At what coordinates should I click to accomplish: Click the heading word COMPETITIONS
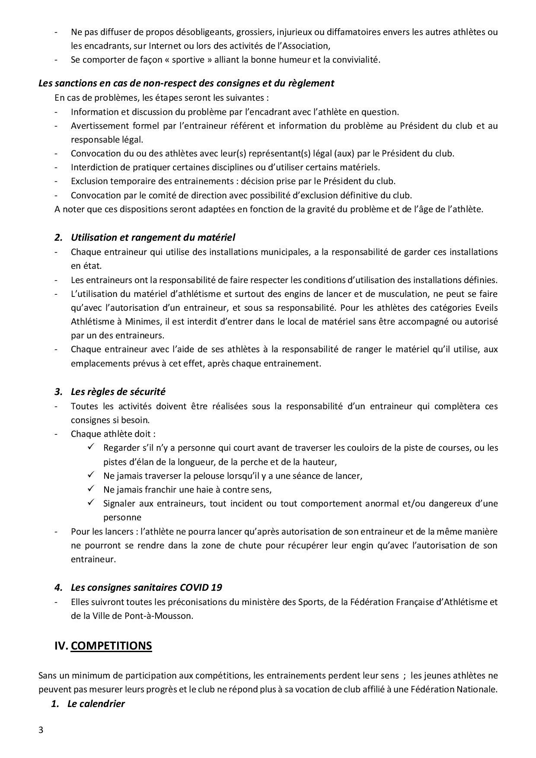coord(111,646)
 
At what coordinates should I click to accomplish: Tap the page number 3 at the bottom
coord(41,730)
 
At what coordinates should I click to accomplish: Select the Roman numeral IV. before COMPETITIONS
coord(61,646)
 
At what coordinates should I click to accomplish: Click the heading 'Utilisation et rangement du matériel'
coord(153,237)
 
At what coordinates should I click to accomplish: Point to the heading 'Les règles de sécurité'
coord(118,392)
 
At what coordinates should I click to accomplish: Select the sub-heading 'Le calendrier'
coord(96,704)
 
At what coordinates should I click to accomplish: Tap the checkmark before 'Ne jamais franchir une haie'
coord(91,489)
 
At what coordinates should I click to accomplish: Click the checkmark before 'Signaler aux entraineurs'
coord(91,503)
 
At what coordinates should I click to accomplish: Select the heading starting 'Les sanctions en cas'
coord(186,83)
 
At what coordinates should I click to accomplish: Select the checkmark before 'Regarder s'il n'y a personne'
coord(91,447)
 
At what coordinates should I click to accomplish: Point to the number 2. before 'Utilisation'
coord(58,237)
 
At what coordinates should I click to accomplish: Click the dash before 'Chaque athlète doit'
coord(56,434)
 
